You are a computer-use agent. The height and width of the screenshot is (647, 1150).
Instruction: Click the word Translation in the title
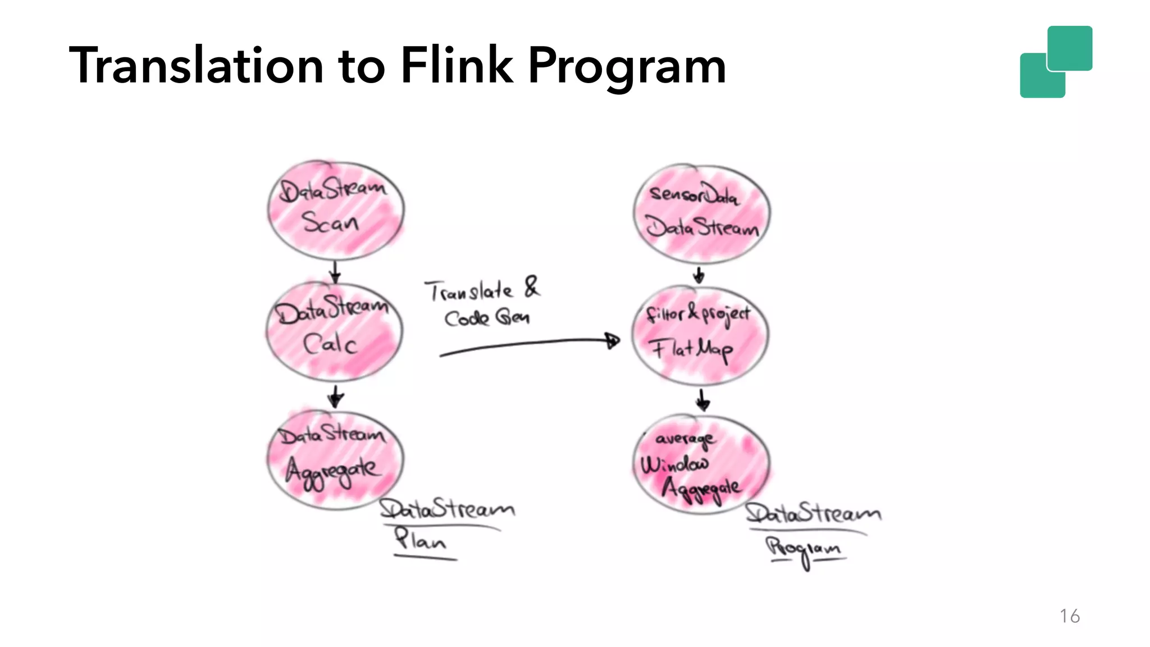pos(196,66)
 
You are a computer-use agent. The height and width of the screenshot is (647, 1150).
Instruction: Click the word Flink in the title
pos(457,66)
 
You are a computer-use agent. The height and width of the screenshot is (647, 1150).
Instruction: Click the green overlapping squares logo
pos(1056,62)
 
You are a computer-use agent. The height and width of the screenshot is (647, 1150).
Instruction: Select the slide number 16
pos(1069,616)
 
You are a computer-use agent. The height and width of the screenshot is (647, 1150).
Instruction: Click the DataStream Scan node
pos(335,210)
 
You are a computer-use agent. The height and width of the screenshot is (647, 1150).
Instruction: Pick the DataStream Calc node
pos(334,331)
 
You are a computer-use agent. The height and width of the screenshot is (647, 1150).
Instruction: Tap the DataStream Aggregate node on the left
pos(335,459)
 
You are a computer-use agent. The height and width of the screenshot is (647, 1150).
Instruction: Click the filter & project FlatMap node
pos(700,336)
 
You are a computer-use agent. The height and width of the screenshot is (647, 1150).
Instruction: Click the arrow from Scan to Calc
pos(335,272)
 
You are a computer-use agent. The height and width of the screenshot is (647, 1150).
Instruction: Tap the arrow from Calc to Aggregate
pos(335,397)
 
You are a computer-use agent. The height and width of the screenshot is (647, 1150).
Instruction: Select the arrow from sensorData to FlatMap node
pos(699,275)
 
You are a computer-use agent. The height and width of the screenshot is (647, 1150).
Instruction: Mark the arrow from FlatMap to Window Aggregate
pos(702,400)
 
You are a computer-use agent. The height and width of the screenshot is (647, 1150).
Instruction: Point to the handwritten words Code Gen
pos(486,318)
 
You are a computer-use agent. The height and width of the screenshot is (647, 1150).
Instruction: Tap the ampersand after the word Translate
pos(531,287)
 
